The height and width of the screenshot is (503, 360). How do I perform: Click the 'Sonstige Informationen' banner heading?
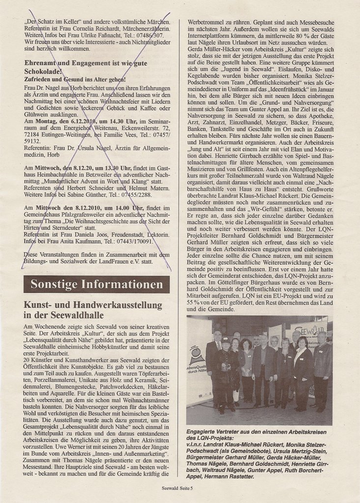[97, 284]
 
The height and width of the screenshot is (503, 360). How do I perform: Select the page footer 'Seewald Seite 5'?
[177, 488]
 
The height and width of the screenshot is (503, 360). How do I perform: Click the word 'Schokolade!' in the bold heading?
[43, 71]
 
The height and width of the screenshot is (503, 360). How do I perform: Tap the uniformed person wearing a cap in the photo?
[225, 373]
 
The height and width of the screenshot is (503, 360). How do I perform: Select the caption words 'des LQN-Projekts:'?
[210, 438]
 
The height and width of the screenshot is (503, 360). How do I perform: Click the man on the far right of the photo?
[322, 373]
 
